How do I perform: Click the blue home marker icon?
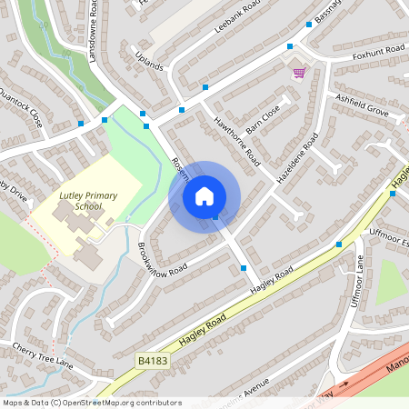(204, 196)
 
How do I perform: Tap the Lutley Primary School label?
(81, 201)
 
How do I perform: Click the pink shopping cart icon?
(298, 73)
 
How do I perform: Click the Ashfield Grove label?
(361, 105)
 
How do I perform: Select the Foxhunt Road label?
(377, 52)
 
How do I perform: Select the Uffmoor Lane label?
(359, 282)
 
